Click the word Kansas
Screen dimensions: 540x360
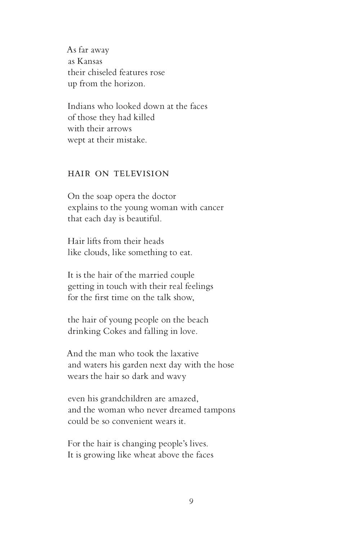click(x=90, y=61)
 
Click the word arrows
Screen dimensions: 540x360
click(x=119, y=129)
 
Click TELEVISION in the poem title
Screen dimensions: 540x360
click(x=141, y=174)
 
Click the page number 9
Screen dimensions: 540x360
click(x=191, y=501)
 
